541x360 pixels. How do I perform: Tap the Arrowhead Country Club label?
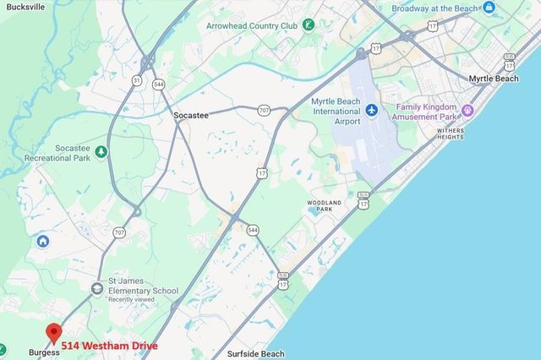click(251, 25)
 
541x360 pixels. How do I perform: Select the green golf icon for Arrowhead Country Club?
click(309, 25)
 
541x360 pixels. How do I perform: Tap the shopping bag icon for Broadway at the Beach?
click(489, 8)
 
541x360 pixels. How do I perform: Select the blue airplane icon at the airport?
click(372, 111)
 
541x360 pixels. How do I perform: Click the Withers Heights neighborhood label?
click(450, 134)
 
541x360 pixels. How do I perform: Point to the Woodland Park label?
click(325, 206)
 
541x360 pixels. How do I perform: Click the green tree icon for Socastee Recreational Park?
click(101, 151)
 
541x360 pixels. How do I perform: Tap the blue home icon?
click(42, 242)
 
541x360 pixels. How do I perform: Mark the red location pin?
click(53, 333)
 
